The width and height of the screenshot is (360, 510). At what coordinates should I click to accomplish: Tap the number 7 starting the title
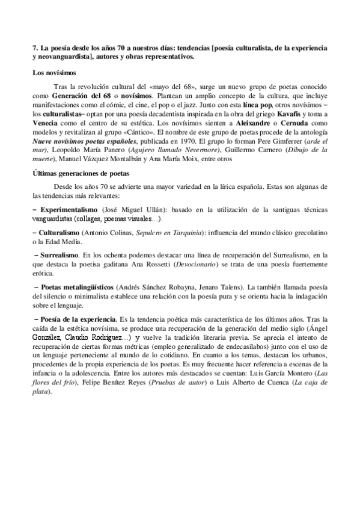(34, 46)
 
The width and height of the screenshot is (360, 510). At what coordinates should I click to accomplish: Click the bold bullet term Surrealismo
(59, 255)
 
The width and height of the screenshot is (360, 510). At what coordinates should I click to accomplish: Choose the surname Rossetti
(169, 264)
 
